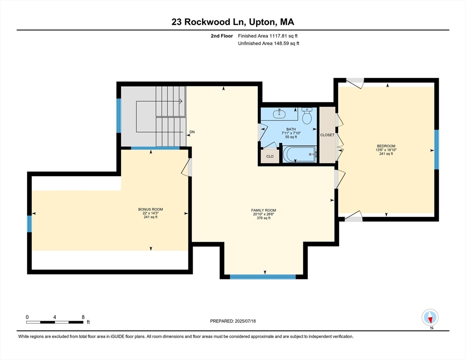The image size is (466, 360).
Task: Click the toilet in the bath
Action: (307, 116)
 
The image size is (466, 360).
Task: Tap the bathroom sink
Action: (279, 113)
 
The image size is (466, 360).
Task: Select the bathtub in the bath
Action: (299, 154)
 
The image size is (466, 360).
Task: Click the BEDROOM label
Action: (386, 146)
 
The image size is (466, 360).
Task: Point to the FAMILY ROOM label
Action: (263, 210)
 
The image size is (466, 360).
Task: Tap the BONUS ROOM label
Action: (150, 209)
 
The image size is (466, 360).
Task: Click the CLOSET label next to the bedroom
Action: (327, 135)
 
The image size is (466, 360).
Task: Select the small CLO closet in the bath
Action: (270, 156)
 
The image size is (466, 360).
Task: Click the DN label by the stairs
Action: (192, 132)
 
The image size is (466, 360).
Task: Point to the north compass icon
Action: (430, 317)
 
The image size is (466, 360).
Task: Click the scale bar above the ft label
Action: (55, 322)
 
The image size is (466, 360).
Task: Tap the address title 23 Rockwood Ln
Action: (208, 22)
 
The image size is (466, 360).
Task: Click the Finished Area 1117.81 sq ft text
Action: (268, 36)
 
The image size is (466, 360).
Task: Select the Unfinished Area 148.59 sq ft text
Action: (269, 44)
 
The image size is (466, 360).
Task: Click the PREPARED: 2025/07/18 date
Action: (233, 321)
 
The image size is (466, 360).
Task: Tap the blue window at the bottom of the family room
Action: (263, 277)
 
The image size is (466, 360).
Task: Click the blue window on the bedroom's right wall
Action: (436, 150)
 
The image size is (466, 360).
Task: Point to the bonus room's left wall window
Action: (30, 224)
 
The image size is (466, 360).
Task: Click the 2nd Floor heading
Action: (222, 36)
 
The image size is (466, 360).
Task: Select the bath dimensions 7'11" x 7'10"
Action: (291, 133)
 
